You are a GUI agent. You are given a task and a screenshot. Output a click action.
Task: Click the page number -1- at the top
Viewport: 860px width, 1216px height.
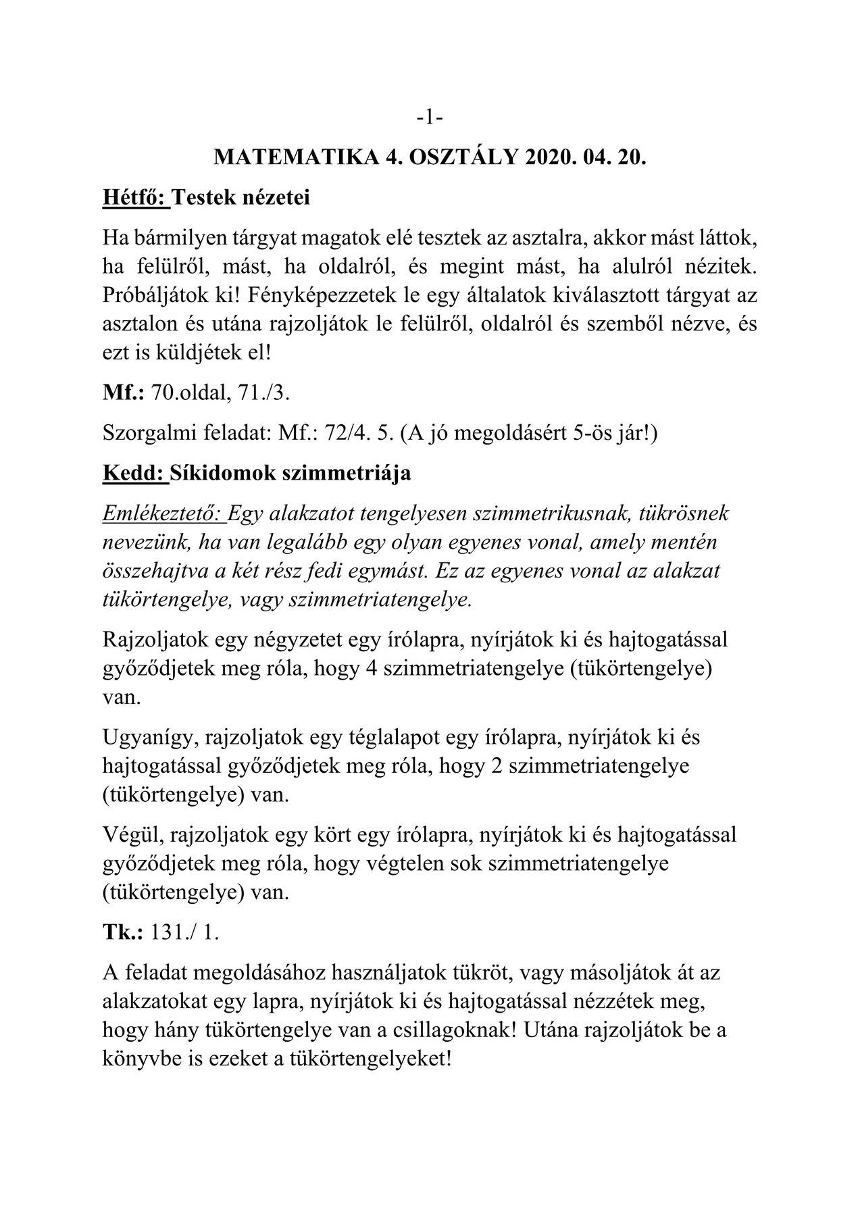430,118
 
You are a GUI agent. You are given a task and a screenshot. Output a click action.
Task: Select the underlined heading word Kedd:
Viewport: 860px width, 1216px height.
133,473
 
